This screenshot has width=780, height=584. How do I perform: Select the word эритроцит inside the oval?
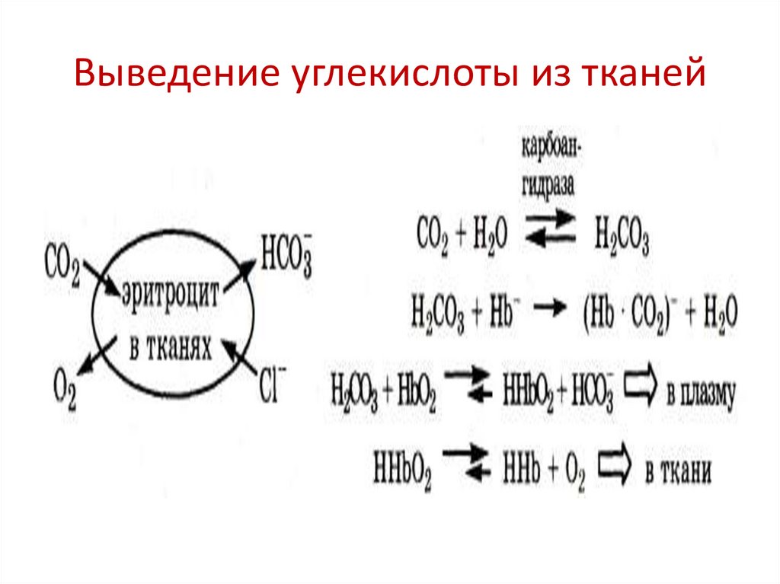pyautogui.click(x=169, y=295)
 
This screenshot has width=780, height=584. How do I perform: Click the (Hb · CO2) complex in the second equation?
pyautogui.click(x=628, y=313)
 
